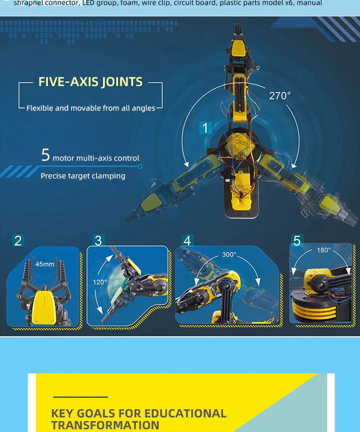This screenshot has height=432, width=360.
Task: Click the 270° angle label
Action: (279, 96)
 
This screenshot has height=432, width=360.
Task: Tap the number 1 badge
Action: (205, 128)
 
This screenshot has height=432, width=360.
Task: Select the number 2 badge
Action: (18, 240)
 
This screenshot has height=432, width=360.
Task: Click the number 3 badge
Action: (98, 240)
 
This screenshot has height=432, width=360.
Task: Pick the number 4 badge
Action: (187, 240)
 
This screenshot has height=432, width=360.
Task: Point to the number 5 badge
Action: (297, 240)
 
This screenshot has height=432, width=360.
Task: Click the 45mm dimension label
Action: (45, 264)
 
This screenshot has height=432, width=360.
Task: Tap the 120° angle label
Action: (100, 282)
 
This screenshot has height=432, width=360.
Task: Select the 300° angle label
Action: (229, 254)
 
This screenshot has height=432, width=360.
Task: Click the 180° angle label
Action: (324, 250)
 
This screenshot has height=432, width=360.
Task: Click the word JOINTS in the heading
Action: (122, 82)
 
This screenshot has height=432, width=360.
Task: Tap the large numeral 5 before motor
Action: (45, 155)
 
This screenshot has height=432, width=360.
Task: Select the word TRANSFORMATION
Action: (105, 426)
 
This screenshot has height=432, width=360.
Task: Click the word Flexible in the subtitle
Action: (40, 108)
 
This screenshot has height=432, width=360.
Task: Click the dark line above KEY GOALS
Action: (80, 397)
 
